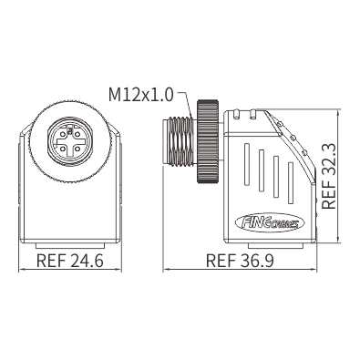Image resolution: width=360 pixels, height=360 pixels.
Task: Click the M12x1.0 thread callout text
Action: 141,95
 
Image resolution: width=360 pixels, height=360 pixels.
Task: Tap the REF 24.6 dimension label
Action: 70,261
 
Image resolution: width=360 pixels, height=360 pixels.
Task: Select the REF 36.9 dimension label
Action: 240,261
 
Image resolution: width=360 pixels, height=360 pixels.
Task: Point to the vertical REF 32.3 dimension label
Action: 329,175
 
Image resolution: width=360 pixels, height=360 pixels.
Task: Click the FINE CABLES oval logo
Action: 270,223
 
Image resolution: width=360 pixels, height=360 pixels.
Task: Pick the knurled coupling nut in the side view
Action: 208,141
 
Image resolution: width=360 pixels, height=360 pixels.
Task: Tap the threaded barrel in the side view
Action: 179,141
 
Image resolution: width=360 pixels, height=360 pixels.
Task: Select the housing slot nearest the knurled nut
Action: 247,164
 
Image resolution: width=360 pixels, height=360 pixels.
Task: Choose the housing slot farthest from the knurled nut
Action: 291,183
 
